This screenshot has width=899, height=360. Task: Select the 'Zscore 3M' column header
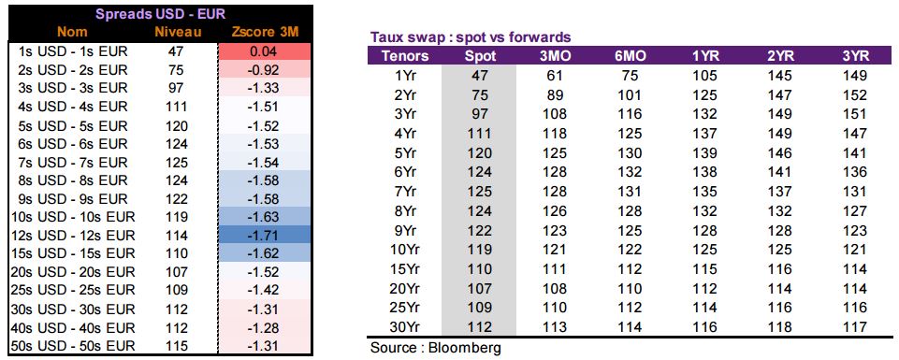[265, 33]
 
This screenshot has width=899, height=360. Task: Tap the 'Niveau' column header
[178, 33]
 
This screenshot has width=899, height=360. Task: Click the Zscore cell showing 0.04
[265, 51]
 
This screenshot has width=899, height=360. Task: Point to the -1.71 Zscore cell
[265, 236]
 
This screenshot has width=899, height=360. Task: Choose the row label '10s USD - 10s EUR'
[73, 217]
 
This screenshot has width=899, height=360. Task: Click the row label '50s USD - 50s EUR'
[73, 346]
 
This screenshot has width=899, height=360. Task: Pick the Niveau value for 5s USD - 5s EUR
[176, 125]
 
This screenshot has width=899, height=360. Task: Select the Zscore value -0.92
[265, 70]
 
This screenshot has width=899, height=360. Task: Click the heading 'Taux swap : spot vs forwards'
[471, 37]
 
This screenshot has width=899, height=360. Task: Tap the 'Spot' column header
[478, 56]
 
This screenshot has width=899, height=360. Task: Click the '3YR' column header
[855, 56]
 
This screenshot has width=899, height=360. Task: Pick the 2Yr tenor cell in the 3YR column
[855, 94]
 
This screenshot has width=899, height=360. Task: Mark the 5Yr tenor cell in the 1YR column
[704, 153]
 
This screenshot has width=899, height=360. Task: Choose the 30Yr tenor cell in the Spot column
[479, 327]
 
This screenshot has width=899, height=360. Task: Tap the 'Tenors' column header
[405, 56]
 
